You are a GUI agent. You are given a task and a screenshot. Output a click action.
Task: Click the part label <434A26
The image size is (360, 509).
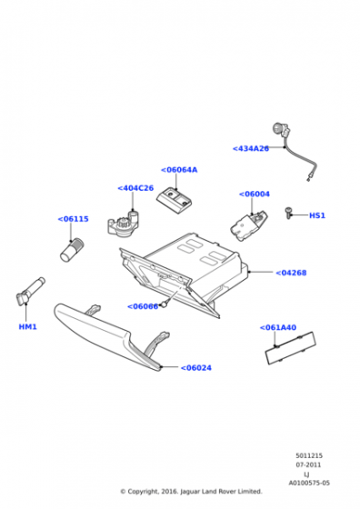[x=251, y=148]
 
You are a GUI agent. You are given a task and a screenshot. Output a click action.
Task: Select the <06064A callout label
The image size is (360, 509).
[x=179, y=170]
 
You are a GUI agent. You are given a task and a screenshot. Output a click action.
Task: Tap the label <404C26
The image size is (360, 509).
[x=135, y=188]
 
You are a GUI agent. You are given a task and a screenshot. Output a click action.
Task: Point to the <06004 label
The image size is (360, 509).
[x=255, y=194]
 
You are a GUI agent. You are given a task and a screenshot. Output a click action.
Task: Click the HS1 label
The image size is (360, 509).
[x=317, y=215]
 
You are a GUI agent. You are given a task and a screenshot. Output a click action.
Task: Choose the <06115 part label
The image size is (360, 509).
[x=73, y=219]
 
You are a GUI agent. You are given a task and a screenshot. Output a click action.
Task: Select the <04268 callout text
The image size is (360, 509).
[x=291, y=273]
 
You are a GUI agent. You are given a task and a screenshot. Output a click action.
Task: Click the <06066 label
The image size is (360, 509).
[x=143, y=306]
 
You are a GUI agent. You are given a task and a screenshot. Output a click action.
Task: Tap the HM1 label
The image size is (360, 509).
[x=27, y=326]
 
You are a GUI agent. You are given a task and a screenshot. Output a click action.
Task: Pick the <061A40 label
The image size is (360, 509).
[x=278, y=327]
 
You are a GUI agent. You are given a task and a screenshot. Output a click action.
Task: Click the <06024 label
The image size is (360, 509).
[x=195, y=368]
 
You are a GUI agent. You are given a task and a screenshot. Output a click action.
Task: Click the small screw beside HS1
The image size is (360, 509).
[x=288, y=213]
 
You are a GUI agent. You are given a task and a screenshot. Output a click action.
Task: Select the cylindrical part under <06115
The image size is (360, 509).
[x=72, y=249]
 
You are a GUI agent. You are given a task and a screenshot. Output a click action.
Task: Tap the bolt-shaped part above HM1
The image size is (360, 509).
[x=30, y=292]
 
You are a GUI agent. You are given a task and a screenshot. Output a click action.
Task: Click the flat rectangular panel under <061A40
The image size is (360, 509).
[x=290, y=348]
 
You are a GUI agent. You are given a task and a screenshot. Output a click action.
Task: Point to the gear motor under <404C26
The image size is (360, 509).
[x=124, y=223]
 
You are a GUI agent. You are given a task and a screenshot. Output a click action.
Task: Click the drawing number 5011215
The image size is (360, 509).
[x=309, y=455]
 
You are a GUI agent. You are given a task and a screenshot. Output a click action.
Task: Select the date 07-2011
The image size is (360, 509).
[x=308, y=464]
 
